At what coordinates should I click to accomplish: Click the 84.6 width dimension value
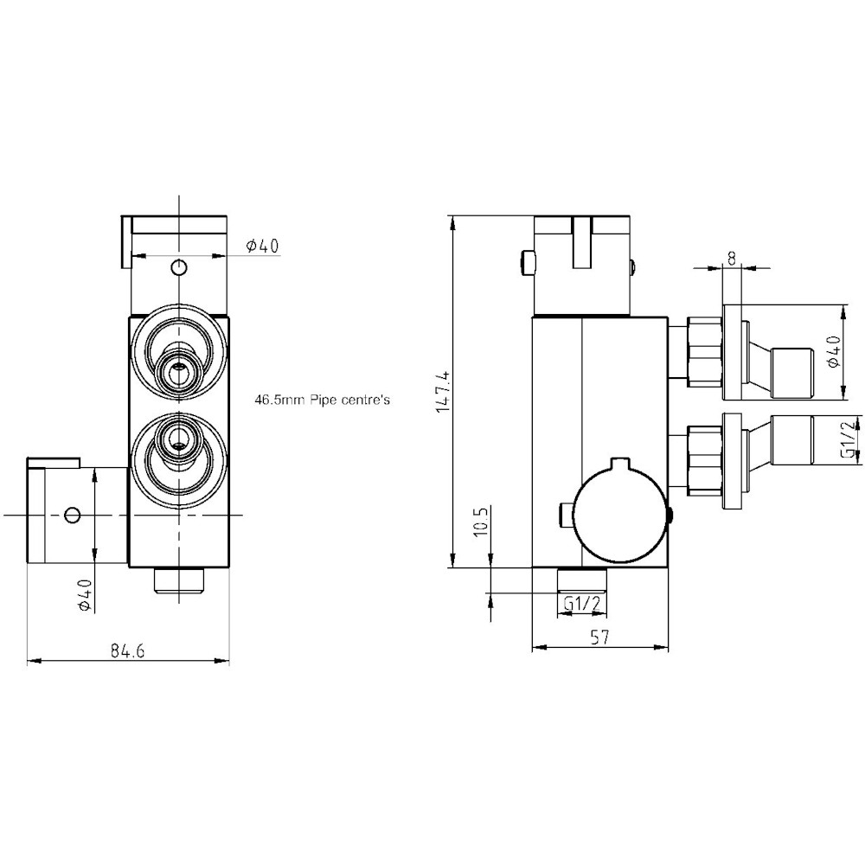pos(126,651)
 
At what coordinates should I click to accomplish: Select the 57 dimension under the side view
pos(600,638)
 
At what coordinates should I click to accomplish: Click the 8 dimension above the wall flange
pos(732,257)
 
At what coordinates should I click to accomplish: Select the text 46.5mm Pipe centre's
pos(324,401)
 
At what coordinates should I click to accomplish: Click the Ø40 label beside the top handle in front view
pos(262,247)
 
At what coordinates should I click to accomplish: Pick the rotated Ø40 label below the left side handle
pos(84,594)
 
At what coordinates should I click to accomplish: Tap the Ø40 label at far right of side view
pos(832,352)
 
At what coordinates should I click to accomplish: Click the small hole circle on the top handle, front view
pos(178,266)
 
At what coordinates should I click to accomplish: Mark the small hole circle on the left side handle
pos(73,515)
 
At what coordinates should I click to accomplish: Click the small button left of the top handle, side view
pos(526,262)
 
